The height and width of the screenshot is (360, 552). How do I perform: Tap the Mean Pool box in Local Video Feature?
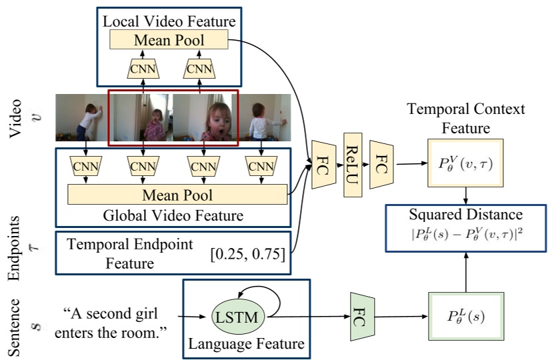tap(170, 40)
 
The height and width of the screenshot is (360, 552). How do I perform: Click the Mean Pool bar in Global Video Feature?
tap(177, 195)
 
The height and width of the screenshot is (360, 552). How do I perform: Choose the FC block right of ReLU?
tap(381, 164)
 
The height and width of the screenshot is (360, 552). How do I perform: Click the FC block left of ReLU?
tap(323, 164)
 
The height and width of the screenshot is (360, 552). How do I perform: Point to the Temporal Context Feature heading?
tap(466, 117)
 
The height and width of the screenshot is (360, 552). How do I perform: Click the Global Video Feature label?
tap(173, 215)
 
